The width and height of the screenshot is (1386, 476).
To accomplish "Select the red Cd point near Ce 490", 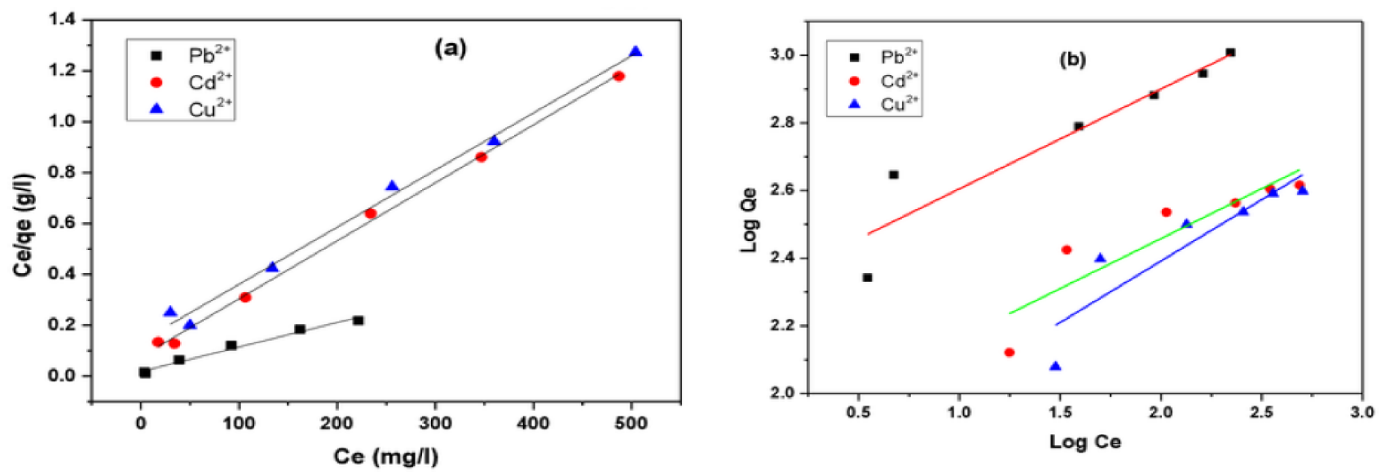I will [x=619, y=76].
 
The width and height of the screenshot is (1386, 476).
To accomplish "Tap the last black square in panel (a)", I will [x=358, y=320].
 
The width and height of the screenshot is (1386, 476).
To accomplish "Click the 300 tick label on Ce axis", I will [x=435, y=423].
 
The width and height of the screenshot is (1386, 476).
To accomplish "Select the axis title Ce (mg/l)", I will [x=386, y=457].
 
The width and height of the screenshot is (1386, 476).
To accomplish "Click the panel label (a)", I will [x=451, y=49].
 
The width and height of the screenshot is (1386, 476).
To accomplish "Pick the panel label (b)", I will [x=1072, y=60].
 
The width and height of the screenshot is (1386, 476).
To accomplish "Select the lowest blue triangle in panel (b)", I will [x=1056, y=366].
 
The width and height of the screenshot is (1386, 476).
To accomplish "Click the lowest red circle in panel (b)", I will [x=1009, y=353].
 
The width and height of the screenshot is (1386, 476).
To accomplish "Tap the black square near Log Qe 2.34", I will [x=867, y=278].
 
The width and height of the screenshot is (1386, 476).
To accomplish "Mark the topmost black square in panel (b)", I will [x=1230, y=53].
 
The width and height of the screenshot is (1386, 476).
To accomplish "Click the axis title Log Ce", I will [x=1085, y=442].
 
